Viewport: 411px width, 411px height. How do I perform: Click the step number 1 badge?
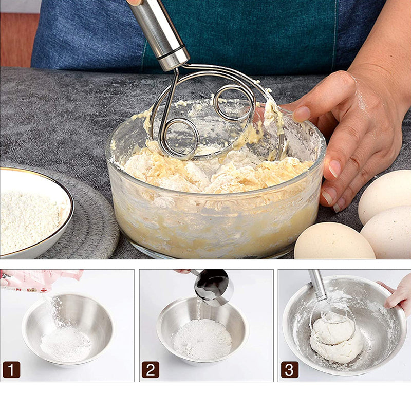[x=11, y=369]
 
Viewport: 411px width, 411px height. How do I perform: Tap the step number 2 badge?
[x=150, y=369]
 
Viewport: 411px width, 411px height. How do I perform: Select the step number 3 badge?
[x=289, y=369]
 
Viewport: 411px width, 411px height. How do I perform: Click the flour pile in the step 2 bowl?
[x=202, y=339]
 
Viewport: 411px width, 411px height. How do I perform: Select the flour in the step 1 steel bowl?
[x=65, y=344]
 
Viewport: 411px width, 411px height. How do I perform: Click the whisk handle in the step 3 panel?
[x=317, y=285]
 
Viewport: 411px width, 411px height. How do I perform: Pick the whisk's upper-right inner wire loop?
[x=234, y=103]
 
